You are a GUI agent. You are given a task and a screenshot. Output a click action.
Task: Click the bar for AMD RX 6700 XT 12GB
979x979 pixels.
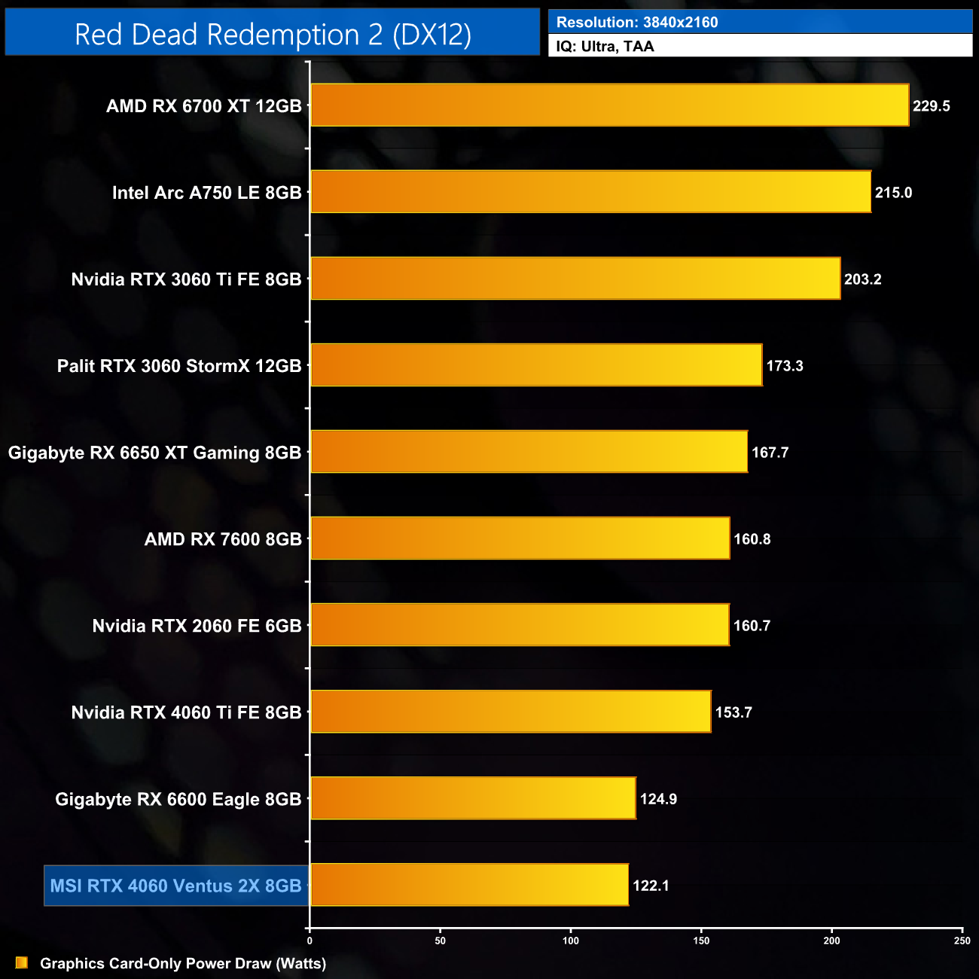(609, 105)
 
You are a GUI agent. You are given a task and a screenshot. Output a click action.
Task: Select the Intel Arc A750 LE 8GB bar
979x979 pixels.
(590, 192)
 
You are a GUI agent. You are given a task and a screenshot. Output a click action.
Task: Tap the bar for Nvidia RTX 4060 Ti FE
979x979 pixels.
(511, 712)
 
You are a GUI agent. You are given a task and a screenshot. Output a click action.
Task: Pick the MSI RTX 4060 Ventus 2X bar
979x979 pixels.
(469, 885)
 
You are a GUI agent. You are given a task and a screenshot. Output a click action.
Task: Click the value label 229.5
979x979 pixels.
(931, 106)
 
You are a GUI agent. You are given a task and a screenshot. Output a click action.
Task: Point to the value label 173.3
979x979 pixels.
(784, 366)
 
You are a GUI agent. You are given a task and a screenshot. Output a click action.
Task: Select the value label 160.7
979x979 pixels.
(751, 626)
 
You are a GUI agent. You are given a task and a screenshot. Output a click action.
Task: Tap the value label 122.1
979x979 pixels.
(651, 886)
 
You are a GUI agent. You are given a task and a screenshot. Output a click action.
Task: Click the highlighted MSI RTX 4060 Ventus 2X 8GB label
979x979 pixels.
(175, 886)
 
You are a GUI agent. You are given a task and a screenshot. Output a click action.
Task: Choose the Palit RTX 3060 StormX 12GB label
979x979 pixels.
(179, 366)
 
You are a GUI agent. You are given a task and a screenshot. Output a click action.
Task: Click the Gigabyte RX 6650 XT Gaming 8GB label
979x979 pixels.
(154, 453)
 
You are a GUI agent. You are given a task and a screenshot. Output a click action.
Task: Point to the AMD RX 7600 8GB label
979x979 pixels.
(223, 539)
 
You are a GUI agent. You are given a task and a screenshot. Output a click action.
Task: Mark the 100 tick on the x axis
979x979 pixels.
(571, 940)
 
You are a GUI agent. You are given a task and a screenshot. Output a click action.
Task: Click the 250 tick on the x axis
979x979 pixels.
(962, 940)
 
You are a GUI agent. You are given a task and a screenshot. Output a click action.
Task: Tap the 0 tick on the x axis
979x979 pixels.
(310, 940)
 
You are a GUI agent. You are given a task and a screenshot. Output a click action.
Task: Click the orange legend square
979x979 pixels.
(22, 963)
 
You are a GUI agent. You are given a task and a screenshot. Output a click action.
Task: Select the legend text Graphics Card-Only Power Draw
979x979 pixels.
(183, 963)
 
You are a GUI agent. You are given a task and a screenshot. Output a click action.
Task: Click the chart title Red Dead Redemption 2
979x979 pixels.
(273, 35)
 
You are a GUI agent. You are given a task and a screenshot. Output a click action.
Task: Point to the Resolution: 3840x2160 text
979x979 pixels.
(637, 23)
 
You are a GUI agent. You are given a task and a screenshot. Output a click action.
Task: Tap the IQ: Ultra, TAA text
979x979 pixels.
(605, 47)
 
